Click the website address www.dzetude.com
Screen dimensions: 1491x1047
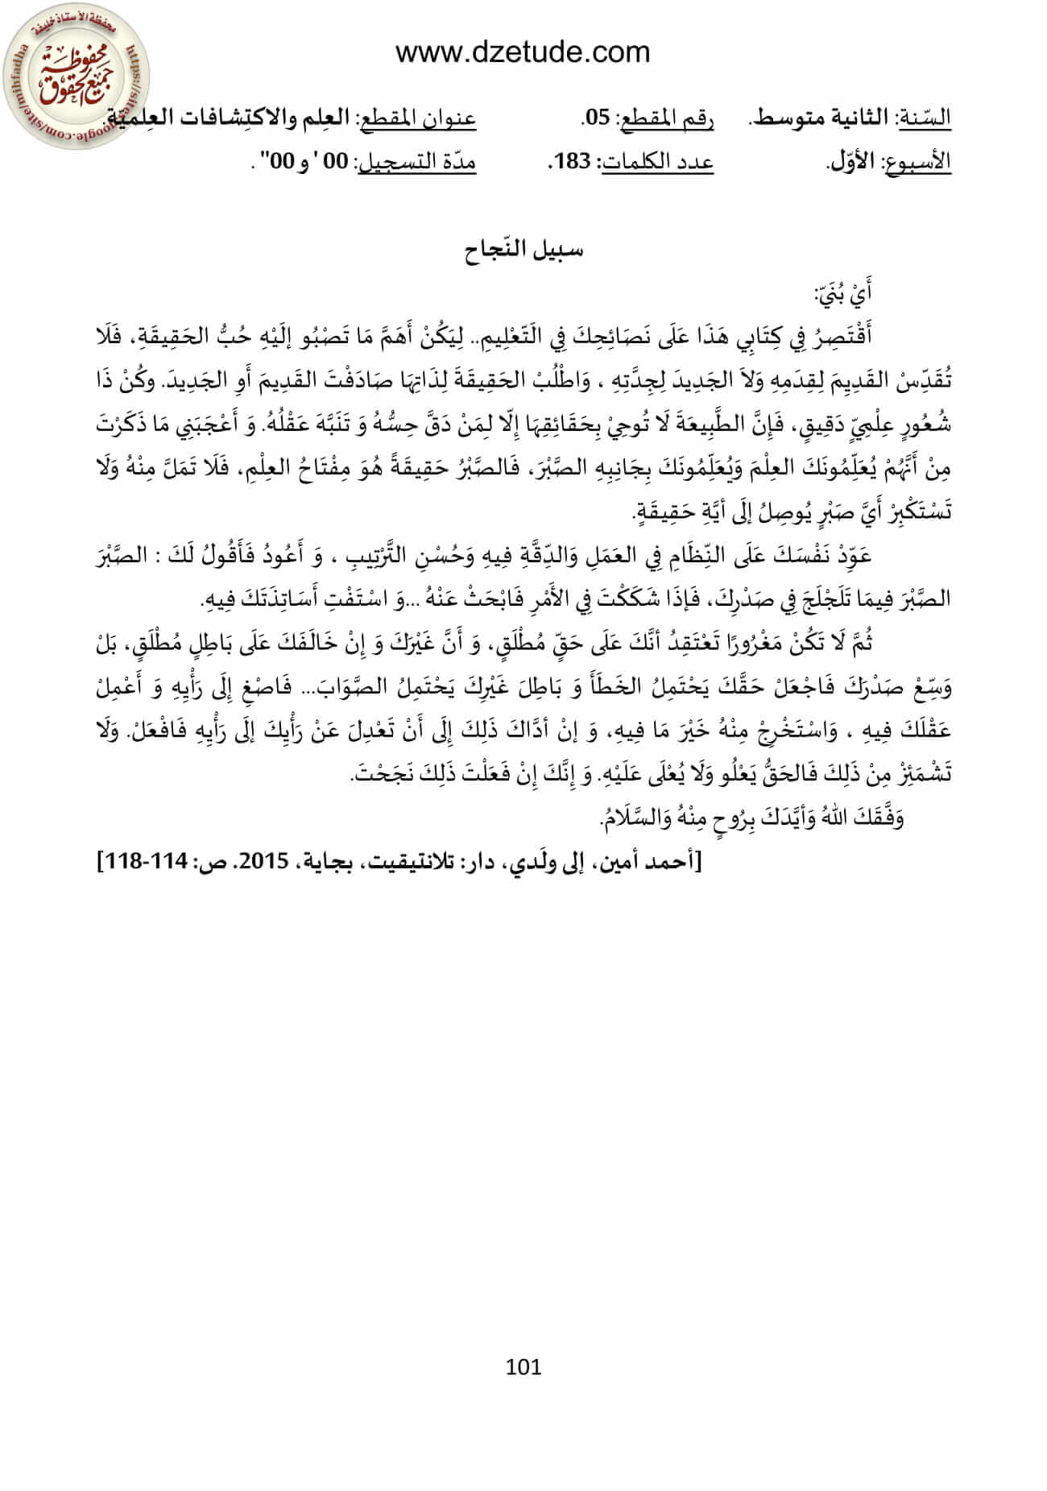[x=523, y=52]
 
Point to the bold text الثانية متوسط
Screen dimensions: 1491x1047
[x=821, y=118]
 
